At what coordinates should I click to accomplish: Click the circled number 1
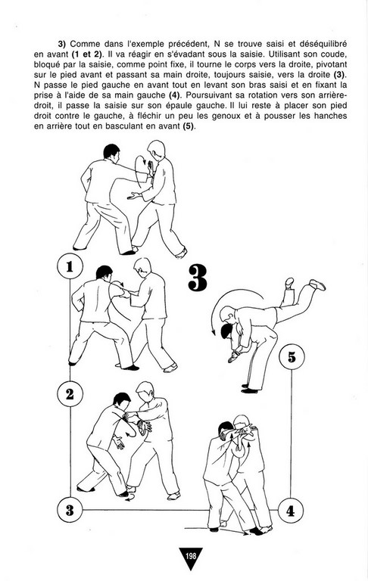coord(70,267)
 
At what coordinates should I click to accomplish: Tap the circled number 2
coord(70,394)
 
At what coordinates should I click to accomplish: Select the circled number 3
coord(70,510)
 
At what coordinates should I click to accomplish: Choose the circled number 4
coord(291,511)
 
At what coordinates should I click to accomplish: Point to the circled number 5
coord(292,357)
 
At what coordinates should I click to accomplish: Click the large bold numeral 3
coord(198,277)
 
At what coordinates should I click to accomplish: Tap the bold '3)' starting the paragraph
coord(61,44)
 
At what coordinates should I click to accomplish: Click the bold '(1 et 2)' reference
coord(87,54)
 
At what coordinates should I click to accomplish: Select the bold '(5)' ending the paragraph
coord(189,126)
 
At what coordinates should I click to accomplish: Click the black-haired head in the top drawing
coord(111,152)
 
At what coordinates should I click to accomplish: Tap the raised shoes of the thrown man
coord(305,283)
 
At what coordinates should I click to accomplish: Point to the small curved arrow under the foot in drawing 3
coord(129,499)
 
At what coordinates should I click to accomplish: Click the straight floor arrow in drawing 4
coord(216,530)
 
